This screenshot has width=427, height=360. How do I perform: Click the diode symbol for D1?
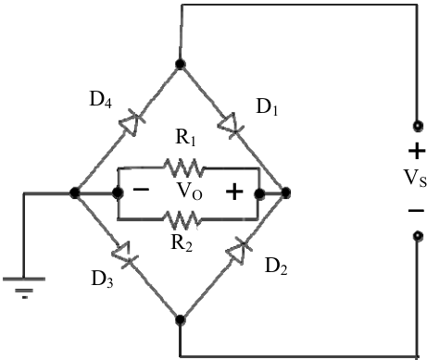(x=229, y=125)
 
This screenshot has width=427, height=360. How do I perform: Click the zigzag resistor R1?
(x=184, y=168)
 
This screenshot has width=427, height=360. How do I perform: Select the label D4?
(x=100, y=100)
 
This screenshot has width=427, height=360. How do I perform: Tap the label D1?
(x=268, y=107)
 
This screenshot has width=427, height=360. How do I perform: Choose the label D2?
(x=276, y=266)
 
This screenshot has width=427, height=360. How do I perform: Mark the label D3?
(x=102, y=279)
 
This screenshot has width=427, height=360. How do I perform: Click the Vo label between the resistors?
(x=189, y=192)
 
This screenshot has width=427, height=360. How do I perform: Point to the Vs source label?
(x=415, y=179)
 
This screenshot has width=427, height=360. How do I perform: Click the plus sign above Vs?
(x=417, y=151)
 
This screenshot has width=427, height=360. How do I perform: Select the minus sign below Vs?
(x=416, y=211)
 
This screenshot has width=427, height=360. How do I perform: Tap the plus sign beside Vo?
(x=234, y=192)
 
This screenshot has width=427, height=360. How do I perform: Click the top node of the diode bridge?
(x=180, y=64)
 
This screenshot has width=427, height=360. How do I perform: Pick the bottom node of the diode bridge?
(x=180, y=319)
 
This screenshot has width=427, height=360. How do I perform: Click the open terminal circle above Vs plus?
(x=418, y=126)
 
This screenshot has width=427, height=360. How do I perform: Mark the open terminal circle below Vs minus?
(x=418, y=236)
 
